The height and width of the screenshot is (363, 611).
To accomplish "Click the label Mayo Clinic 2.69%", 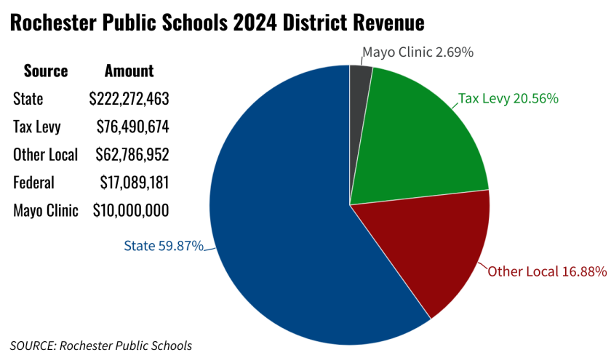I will (418, 52).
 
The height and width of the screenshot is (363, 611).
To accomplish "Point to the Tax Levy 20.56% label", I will (508, 98).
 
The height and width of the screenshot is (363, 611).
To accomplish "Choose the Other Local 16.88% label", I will (547, 272).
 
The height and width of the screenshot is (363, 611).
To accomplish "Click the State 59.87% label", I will (163, 246).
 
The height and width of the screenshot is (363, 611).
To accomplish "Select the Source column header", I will (46, 71).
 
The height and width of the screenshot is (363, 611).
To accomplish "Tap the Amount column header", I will (129, 71).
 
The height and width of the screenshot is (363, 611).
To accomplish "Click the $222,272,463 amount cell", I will (129, 99).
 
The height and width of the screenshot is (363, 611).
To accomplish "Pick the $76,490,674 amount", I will (132, 127).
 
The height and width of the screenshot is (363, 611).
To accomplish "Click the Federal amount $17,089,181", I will (132, 183).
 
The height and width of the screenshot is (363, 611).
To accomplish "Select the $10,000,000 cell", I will (131, 211).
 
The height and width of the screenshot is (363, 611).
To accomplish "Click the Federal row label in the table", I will (33, 183).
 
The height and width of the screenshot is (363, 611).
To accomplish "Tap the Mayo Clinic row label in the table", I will (45, 211).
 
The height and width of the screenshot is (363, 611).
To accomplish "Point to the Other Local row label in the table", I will (46, 154).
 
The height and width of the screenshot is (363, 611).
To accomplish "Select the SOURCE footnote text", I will (101, 345).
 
